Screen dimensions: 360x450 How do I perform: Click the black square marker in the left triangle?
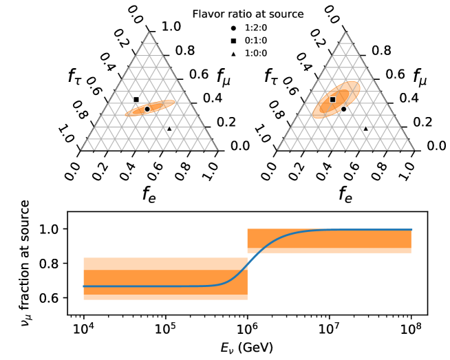[136, 100]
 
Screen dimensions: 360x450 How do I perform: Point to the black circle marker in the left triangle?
[147, 109]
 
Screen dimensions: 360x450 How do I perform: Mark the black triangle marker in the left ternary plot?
[169, 129]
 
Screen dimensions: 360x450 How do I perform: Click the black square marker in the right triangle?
[332, 100]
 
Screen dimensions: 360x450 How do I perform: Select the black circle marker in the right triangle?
[343, 109]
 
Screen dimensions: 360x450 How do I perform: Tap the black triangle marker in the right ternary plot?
[365, 129]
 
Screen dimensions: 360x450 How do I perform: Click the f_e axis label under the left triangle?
[149, 193]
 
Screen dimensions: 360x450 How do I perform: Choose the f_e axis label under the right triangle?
[345, 193]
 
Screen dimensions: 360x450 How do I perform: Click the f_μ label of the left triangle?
[225, 76]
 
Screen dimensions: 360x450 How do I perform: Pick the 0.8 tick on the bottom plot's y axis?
[61, 263]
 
